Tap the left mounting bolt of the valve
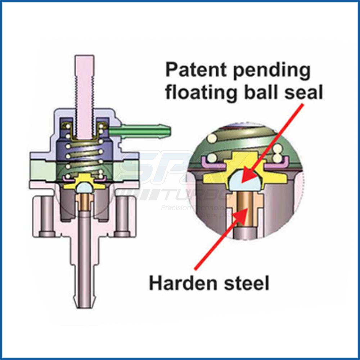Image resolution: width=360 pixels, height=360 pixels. coord(47,216)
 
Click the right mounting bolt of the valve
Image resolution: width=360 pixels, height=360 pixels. coord(123,216)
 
